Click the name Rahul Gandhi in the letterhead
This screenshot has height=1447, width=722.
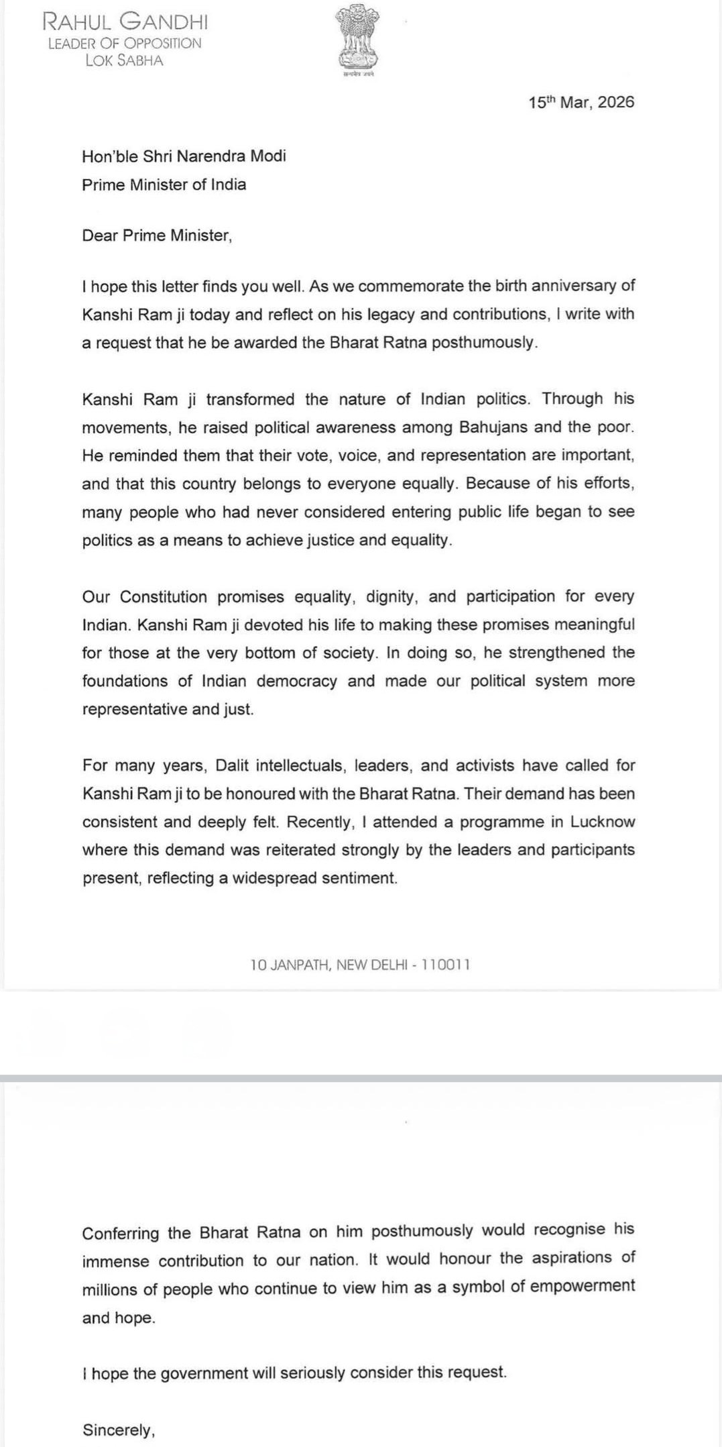tap(125, 23)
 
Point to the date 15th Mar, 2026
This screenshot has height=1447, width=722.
tap(581, 103)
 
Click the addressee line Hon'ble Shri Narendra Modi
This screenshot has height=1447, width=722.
tap(184, 156)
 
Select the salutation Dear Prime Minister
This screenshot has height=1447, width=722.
tap(157, 235)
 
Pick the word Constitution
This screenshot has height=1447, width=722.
tap(164, 596)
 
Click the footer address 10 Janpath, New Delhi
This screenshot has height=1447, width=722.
tap(360, 965)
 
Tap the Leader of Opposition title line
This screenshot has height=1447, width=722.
tap(125, 43)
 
